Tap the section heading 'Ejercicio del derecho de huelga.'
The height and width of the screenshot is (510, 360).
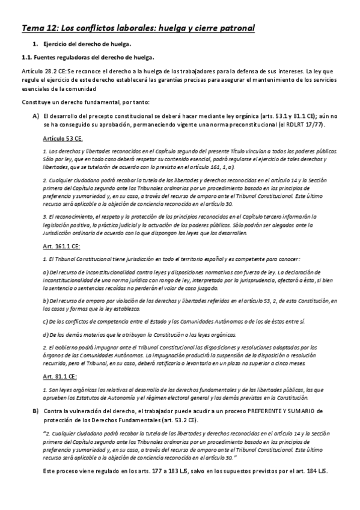click(87, 45)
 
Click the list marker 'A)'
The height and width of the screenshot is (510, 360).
click(36, 115)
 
